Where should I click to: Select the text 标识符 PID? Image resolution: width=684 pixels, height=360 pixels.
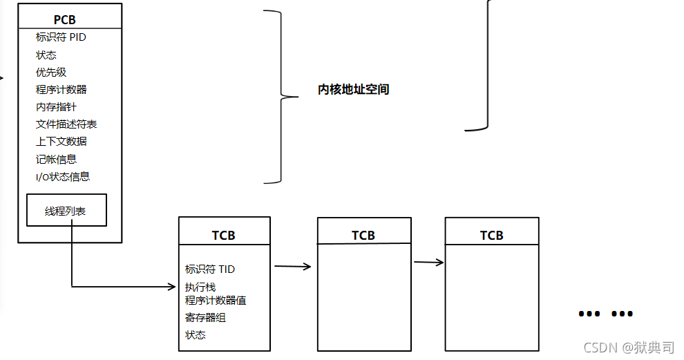coord(61,37)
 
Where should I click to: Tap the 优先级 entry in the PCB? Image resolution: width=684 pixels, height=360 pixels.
coord(51,72)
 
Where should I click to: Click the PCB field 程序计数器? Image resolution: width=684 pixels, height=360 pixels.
coord(61,89)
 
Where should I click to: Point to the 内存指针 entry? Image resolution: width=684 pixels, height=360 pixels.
coord(56,106)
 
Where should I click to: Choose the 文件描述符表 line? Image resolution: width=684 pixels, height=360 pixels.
coord(66,124)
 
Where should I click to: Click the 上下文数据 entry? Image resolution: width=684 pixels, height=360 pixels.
coord(61,141)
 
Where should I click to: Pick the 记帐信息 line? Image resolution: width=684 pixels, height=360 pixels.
coord(56,159)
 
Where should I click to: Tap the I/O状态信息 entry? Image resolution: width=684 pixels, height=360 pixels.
coord(63,176)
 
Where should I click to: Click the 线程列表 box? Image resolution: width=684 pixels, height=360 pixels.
coord(66,211)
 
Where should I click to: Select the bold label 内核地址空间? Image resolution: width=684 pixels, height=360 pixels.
coord(353,90)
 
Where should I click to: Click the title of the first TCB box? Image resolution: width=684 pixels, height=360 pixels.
coord(223,236)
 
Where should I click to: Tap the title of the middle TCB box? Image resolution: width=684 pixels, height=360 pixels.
coord(363,236)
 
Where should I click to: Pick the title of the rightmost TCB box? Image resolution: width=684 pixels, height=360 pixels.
coord(491,236)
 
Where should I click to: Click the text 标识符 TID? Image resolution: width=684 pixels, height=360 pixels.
coord(210,269)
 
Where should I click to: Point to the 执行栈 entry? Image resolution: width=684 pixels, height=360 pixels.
coord(200,287)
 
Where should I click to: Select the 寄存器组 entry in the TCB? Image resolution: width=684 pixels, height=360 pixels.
coord(205,318)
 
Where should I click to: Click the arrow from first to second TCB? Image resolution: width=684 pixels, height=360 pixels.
coord(293,265)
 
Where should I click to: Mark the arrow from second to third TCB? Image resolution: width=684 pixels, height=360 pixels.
coord(428,263)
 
